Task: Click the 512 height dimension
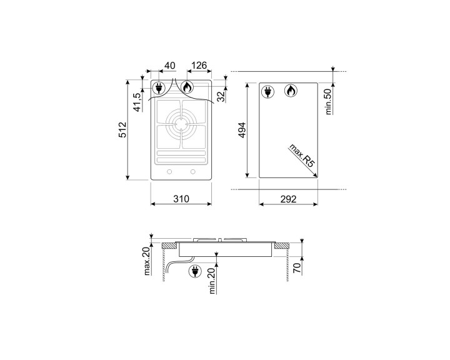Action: [x=123, y=129]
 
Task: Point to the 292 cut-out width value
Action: [x=288, y=199]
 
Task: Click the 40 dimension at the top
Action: [x=169, y=65]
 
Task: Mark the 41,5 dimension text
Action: [x=138, y=101]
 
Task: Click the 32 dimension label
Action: [x=220, y=96]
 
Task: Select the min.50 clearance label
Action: [x=327, y=101]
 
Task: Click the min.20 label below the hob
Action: [x=212, y=279]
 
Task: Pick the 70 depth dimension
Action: [x=297, y=269]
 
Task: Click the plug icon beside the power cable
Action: [x=194, y=271]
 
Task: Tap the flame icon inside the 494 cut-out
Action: [x=291, y=91]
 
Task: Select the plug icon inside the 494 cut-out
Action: [x=269, y=91]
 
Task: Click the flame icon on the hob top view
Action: [x=187, y=87]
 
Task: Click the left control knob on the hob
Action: [x=170, y=172]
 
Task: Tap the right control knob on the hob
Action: [x=192, y=172]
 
